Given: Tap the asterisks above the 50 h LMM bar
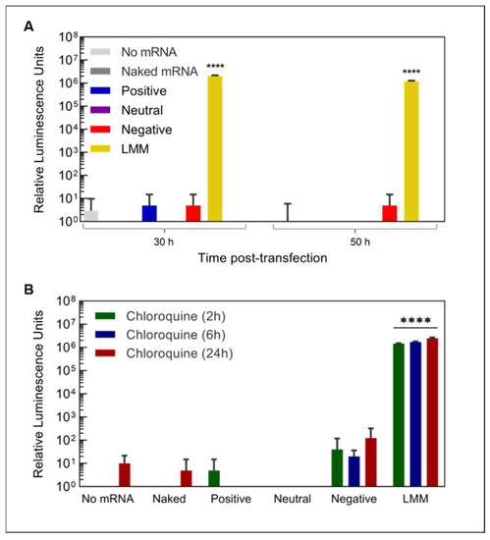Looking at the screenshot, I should click(x=410, y=70).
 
